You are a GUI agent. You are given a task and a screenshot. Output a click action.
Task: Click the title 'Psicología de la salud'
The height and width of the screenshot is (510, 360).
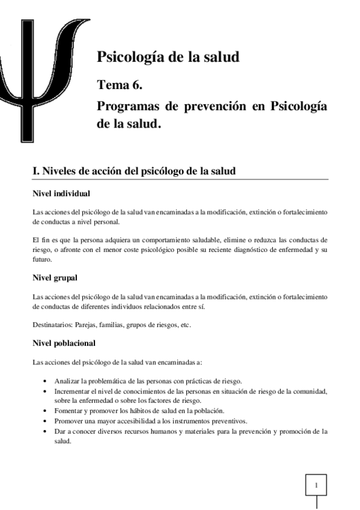[x=168, y=58]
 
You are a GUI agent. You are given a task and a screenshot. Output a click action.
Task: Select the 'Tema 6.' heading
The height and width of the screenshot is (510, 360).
[x=120, y=85]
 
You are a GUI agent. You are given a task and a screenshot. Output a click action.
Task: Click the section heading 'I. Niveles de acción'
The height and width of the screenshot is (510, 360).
[x=133, y=171]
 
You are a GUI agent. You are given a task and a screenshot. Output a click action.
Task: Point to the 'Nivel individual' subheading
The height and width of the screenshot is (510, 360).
[x=61, y=194]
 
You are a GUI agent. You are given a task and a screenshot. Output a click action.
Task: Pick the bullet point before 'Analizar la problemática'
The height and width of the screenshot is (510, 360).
[x=47, y=381]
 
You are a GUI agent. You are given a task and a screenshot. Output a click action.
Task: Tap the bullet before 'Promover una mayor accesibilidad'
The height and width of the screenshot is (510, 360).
[x=47, y=420]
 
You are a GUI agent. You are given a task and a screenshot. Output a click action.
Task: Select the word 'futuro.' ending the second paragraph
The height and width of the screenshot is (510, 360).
[x=41, y=260]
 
